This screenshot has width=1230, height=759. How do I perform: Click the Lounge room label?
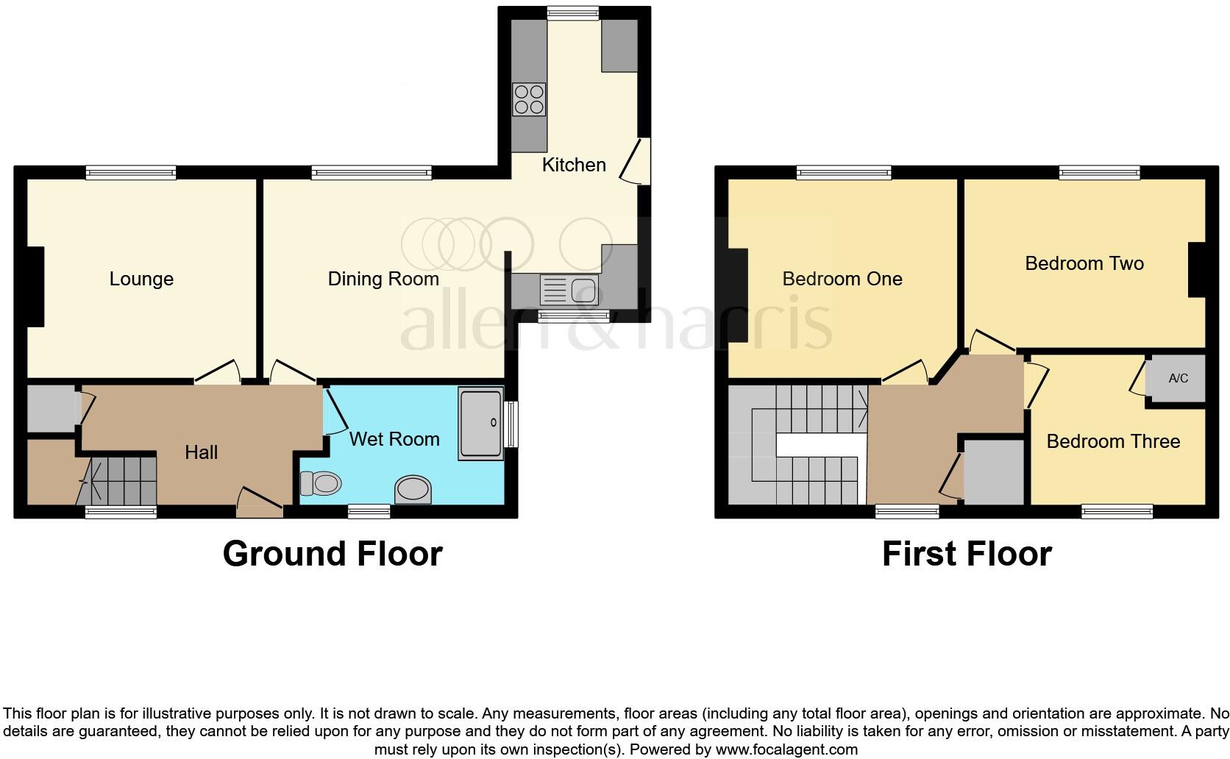click(141, 279)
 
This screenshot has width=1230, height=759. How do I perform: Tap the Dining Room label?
click(383, 279)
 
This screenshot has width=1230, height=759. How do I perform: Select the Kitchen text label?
click(574, 165)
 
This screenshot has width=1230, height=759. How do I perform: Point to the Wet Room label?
click(394, 439)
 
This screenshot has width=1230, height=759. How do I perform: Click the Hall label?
click(201, 452)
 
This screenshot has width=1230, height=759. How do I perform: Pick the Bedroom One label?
click(842, 279)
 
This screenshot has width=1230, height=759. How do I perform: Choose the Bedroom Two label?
click(1084, 263)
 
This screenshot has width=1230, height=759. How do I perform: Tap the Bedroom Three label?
click(1113, 441)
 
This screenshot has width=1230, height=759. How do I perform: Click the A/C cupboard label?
click(1178, 378)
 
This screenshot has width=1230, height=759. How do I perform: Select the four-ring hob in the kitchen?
click(529, 99)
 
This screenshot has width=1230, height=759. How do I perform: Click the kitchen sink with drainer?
click(569, 290)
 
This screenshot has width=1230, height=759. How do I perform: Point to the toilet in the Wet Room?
click(321, 483)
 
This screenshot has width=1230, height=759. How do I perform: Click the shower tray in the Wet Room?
click(480, 424)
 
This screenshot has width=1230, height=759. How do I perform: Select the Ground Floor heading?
click(333, 554)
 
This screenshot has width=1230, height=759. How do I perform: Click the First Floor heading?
click(967, 554)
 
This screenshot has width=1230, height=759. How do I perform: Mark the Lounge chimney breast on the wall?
click(36, 287)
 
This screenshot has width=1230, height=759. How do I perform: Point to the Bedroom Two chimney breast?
click(1197, 269)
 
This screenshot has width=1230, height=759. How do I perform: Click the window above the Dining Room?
click(372, 173)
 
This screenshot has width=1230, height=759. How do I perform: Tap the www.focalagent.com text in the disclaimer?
click(786, 749)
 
